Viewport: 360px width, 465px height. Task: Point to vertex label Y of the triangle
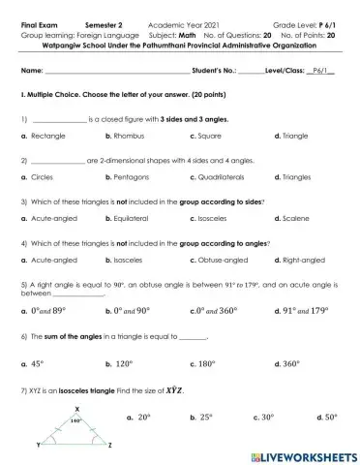tap(38, 445)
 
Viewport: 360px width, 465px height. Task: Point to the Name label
tap(32, 71)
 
